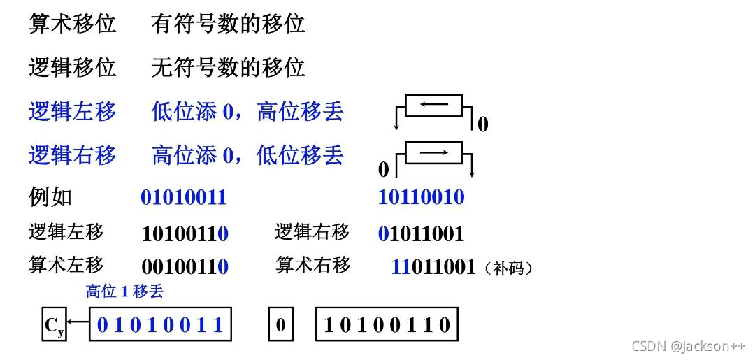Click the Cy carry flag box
click(x=55, y=325)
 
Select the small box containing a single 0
click(x=280, y=325)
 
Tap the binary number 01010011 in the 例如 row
click(x=184, y=197)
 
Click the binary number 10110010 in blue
click(x=421, y=196)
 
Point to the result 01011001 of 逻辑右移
click(x=421, y=233)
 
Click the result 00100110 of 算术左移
click(x=185, y=266)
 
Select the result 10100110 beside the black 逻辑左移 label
click(x=185, y=233)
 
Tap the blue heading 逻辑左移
click(x=72, y=111)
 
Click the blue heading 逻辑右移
click(x=72, y=154)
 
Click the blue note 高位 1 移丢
click(x=124, y=291)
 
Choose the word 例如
click(x=50, y=196)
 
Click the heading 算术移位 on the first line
click(x=72, y=24)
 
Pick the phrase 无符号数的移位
click(x=228, y=68)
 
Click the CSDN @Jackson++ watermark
click(x=688, y=346)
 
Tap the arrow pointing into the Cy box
click(x=78, y=324)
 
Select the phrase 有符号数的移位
click(x=228, y=24)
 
